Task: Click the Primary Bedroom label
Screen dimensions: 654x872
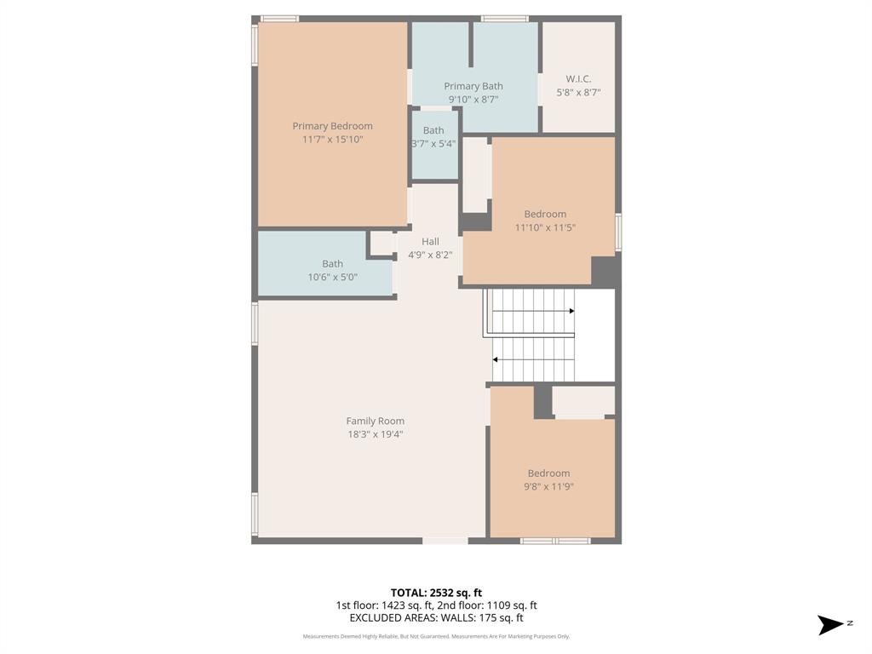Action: [332, 126]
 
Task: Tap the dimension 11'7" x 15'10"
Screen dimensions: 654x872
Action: [332, 139]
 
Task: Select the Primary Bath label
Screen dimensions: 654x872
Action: [473, 86]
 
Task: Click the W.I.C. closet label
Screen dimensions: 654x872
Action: [578, 79]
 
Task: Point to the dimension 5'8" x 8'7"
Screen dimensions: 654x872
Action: [578, 92]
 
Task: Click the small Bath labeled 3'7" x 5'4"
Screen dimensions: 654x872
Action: [433, 130]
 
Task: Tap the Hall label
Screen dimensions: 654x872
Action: [430, 242]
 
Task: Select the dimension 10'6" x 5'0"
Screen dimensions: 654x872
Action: [332, 277]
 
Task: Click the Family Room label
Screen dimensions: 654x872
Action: [375, 421]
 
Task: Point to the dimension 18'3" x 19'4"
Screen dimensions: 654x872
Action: [375, 434]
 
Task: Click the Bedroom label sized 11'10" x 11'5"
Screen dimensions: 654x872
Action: [545, 214]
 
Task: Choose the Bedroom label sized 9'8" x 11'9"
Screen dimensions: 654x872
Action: [548, 473]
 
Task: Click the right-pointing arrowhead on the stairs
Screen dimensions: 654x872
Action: [571, 311]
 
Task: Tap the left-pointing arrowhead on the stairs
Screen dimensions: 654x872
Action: [496, 359]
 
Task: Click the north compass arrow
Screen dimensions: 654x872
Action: [830, 625]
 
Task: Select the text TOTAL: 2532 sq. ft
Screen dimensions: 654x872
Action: [436, 593]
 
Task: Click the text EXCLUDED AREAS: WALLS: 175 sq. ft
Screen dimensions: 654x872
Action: [436, 618]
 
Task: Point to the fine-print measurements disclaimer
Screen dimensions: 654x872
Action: [436, 636]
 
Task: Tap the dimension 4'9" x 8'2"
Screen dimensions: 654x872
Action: [430, 255]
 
